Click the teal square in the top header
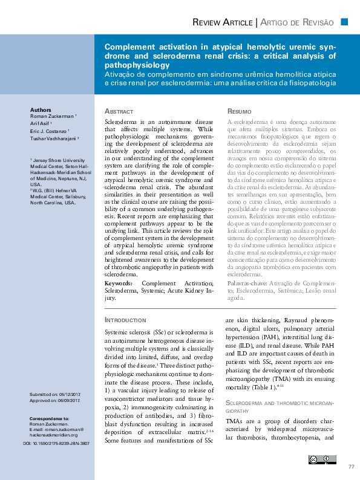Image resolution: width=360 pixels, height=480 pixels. [x=344, y=22]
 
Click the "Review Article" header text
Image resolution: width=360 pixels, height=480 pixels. [x=222, y=22]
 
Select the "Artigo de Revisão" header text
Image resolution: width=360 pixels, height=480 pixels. [x=297, y=22]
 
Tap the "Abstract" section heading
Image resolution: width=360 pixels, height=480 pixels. [x=119, y=112]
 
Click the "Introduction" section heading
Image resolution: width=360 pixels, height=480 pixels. [x=125, y=319]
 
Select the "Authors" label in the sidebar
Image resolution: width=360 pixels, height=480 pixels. [x=41, y=109]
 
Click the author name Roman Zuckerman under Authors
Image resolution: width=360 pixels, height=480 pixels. [x=52, y=116]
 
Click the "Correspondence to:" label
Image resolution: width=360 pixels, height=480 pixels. [x=49, y=418]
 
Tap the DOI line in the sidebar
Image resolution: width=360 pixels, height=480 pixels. [x=56, y=443]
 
